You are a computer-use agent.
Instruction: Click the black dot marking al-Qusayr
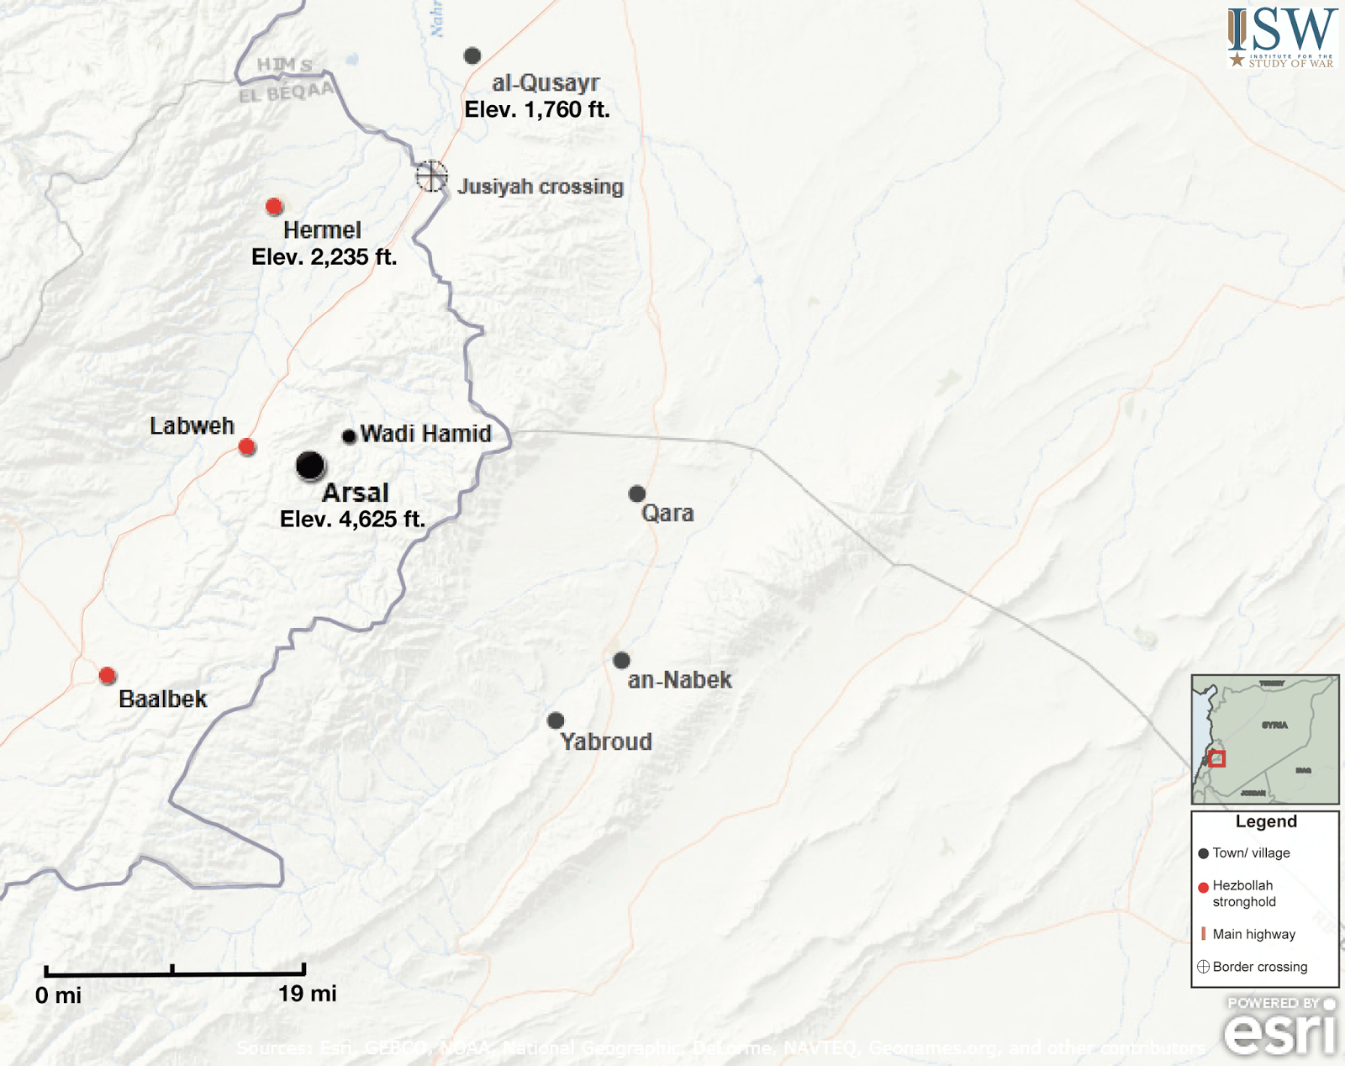472,55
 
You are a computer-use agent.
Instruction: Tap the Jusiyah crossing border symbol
431,177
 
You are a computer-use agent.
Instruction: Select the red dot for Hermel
273,206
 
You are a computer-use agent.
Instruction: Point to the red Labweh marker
247,446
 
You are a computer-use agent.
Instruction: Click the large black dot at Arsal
310,465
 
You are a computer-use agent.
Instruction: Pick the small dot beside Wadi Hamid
349,436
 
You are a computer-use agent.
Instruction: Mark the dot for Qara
637,493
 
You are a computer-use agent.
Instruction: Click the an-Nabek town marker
621,660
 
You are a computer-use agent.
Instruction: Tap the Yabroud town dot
556,720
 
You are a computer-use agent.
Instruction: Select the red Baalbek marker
107,675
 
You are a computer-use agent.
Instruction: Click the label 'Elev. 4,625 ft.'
352,520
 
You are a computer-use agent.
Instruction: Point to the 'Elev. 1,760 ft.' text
537,109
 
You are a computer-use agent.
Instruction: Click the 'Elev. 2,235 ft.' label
324,257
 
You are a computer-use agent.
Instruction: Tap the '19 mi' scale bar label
307,994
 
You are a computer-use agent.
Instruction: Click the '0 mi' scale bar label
58,995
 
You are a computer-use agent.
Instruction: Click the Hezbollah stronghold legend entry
1243,894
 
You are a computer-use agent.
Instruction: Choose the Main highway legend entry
1253,934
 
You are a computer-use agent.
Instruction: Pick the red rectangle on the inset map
1216,759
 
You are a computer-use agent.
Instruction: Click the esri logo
1280,1027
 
